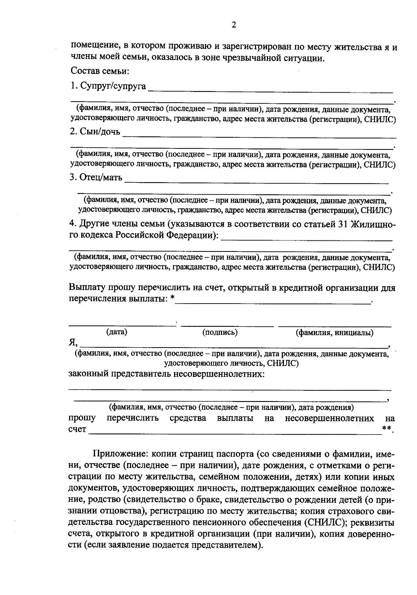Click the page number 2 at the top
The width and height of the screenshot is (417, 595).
pyautogui.click(x=234, y=25)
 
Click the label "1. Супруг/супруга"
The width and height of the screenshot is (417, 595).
pyautogui.click(x=108, y=86)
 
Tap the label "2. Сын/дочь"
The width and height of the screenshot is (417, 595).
pyautogui.click(x=95, y=132)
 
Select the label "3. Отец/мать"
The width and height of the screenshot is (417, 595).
pyautogui.click(x=96, y=178)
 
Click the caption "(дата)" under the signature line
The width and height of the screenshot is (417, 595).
pyautogui.click(x=117, y=332)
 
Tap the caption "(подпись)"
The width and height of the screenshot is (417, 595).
pyautogui.click(x=220, y=332)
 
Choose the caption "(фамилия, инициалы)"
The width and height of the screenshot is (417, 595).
pyautogui.click(x=334, y=333)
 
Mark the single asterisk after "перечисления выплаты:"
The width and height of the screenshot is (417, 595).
pyautogui.click(x=173, y=299)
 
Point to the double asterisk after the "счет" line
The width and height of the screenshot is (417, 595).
pyautogui.click(x=386, y=429)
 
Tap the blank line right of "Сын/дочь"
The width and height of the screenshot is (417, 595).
pyautogui.click(x=259, y=137)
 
